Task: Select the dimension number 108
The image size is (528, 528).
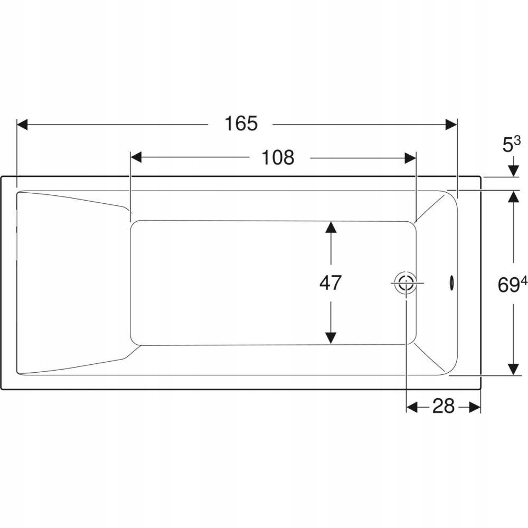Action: [278, 157]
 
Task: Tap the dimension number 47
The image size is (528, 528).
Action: [331, 282]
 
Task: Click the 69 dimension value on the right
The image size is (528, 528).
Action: [508, 286]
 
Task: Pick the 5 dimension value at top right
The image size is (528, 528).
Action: [507, 146]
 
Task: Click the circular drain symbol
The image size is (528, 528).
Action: [407, 283]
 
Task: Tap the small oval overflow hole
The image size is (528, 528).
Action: [451, 282]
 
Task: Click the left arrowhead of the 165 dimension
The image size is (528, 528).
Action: [22, 124]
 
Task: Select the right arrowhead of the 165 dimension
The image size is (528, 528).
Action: [451, 124]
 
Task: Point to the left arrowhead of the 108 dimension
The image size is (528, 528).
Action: [136, 157]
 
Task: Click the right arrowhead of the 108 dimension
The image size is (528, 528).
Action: [410, 157]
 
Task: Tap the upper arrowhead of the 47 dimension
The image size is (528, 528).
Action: [331, 227]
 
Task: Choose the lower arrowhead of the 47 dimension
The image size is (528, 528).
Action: [331, 338]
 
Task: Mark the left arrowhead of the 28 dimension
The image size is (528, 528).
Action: [412, 407]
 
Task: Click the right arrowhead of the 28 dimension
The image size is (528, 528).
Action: [475, 407]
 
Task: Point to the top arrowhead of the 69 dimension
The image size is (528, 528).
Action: [514, 196]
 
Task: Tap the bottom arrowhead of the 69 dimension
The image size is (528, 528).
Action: [514, 369]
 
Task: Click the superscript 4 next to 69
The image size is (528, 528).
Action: [524, 280]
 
